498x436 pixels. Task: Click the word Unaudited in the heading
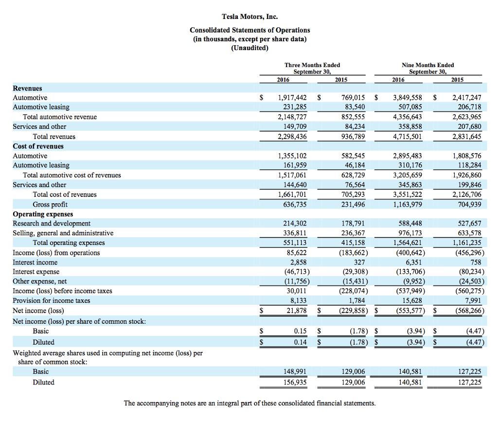tap(249, 48)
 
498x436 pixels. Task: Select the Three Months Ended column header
tap(312, 65)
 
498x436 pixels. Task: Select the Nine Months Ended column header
tap(428, 65)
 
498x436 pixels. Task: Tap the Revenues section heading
tap(27, 88)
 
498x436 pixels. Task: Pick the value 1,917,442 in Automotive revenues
tap(292, 98)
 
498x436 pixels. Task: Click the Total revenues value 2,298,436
tap(292, 137)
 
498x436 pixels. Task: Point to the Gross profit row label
tap(50, 204)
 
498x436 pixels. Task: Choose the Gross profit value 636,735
tap(295, 204)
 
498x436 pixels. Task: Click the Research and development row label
tap(52, 224)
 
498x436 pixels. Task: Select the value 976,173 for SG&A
tap(410, 233)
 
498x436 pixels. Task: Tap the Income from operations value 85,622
tap(297, 253)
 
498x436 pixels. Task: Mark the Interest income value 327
tap(359, 262)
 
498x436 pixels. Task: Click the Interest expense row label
tap(36, 272)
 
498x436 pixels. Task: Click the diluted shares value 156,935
tap(295, 382)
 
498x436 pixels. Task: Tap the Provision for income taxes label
tap(51, 300)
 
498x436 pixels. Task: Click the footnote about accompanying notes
tap(249, 403)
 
